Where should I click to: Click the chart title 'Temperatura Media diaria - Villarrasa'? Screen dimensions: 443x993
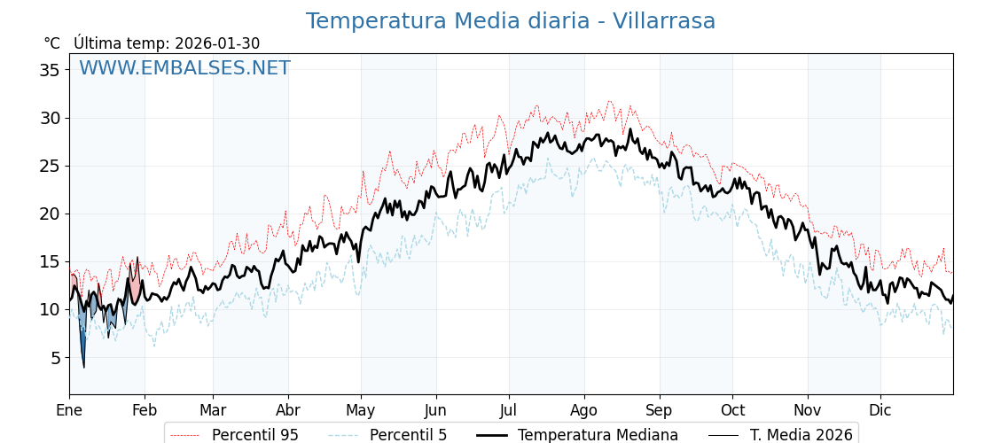(x=510, y=21)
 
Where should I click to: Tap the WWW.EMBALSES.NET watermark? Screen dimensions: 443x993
(x=184, y=68)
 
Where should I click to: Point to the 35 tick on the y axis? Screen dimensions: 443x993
(x=50, y=70)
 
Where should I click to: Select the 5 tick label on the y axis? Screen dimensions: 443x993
(x=55, y=358)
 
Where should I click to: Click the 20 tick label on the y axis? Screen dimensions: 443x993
(x=50, y=214)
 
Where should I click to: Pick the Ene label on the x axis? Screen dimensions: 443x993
(x=69, y=410)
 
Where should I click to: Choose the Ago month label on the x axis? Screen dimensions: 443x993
(x=584, y=410)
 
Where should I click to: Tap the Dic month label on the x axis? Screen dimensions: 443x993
(x=880, y=410)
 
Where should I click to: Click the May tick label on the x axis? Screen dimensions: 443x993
(x=361, y=410)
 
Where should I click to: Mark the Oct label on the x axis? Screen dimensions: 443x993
(x=732, y=410)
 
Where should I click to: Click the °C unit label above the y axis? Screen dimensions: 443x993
(x=51, y=43)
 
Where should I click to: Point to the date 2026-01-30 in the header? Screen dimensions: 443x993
(x=217, y=43)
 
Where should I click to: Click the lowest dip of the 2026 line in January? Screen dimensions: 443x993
(x=83, y=367)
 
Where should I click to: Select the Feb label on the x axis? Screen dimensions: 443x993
(x=145, y=410)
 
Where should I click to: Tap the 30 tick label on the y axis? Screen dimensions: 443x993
(x=50, y=118)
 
